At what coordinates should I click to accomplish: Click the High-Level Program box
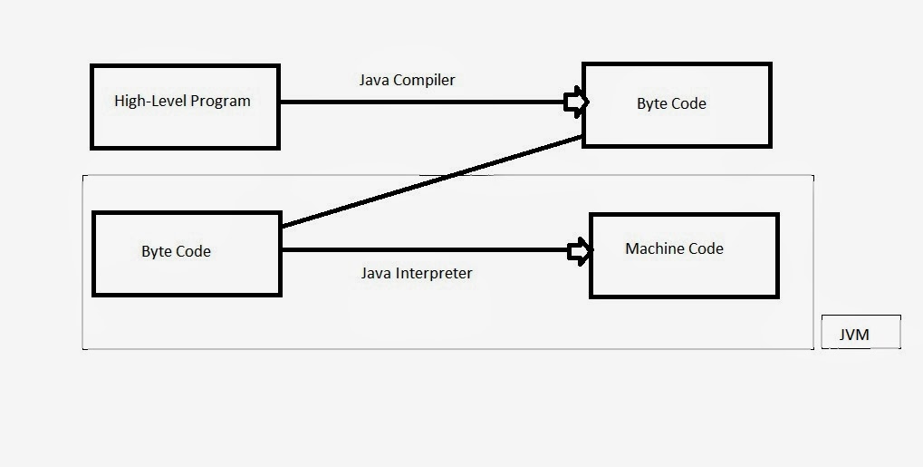tap(185, 106)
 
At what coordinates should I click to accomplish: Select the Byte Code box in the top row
tap(676, 104)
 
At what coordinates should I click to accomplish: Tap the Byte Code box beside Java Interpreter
tap(187, 253)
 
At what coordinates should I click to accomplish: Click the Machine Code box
tap(684, 256)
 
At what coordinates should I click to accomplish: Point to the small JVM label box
tap(861, 333)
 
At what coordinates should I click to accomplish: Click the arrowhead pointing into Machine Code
tap(579, 251)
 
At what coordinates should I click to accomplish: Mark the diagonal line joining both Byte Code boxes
tap(430, 181)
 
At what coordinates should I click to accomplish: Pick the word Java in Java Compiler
tap(374, 80)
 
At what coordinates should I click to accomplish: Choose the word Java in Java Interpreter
tap(377, 273)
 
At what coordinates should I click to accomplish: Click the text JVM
tap(854, 335)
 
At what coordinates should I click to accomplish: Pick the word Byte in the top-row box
tap(652, 103)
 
